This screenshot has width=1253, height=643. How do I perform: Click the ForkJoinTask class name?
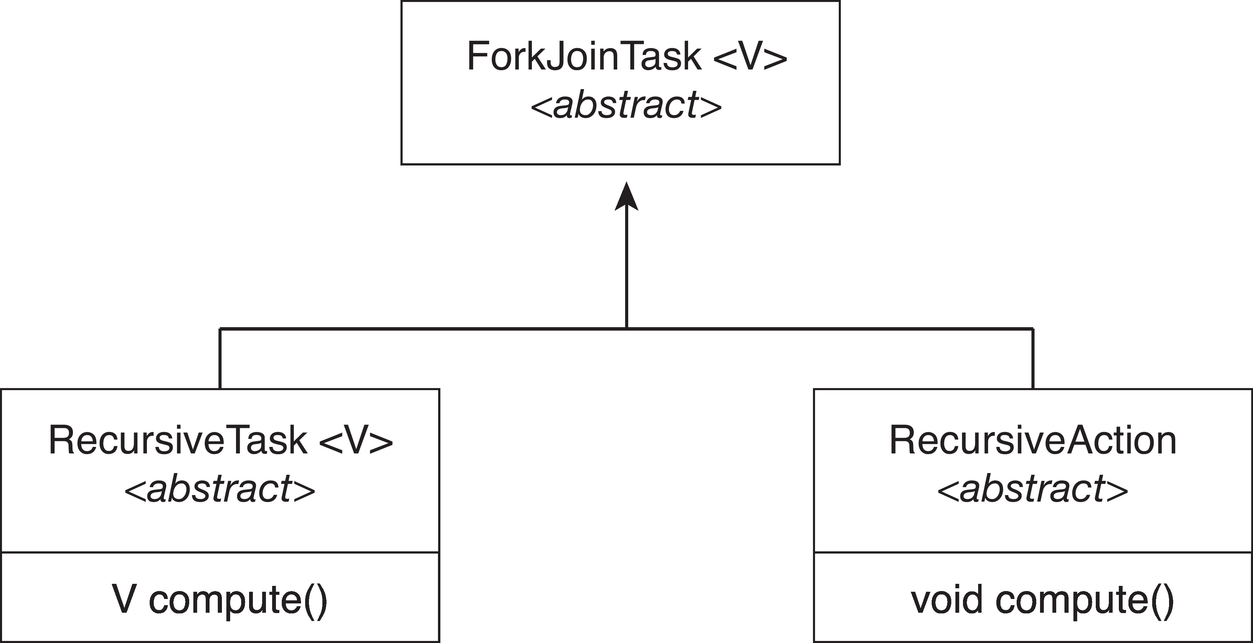pyautogui.click(x=584, y=56)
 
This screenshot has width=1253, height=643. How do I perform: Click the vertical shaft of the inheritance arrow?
pyautogui.click(x=626, y=268)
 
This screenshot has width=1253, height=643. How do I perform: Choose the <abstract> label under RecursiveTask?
pyautogui.click(x=220, y=489)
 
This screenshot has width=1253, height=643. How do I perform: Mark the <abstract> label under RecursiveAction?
pyautogui.click(x=1032, y=489)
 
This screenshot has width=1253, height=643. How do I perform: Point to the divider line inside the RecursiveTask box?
pyautogui.click(x=220, y=553)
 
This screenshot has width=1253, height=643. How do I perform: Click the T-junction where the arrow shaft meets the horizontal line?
pyautogui.click(x=626, y=329)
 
